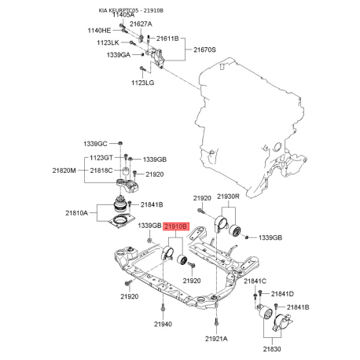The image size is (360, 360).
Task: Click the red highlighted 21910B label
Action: coord(176,226)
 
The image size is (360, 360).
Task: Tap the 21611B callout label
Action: coord(167,38)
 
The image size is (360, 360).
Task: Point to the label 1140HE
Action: coord(98,30)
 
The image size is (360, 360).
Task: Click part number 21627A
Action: coord(141,24)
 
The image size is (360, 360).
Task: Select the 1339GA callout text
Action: coord(116,55)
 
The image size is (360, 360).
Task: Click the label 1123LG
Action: coord(143,82)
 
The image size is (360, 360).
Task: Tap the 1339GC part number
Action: coord(95,144)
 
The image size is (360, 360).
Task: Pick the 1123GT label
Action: coord(101,158)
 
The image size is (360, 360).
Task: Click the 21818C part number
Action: coord(101,171)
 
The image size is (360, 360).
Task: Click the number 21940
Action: coord(163,324)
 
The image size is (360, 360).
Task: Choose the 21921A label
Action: coord(216,338)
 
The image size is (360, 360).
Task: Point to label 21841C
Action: coord(255,281)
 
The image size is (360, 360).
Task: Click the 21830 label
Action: coord(273,348)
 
